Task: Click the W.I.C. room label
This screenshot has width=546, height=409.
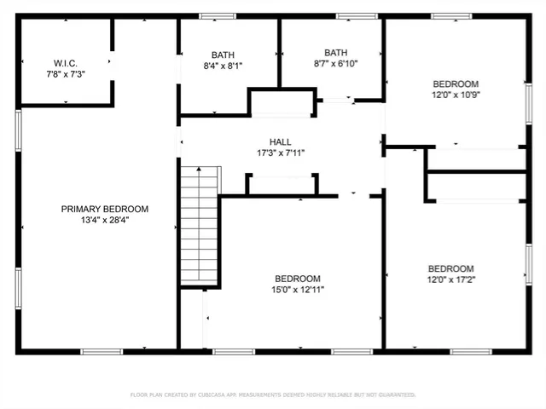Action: click(x=66, y=63)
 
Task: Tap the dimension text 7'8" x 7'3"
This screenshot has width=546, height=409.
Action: click(x=66, y=74)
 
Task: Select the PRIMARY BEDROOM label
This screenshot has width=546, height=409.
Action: click(x=105, y=209)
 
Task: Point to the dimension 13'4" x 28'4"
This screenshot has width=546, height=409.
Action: click(x=105, y=220)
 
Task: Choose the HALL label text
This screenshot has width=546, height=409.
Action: click(x=281, y=142)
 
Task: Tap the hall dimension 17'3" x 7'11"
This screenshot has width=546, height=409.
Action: click(x=281, y=153)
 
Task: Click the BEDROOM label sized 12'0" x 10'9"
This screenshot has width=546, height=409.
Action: click(x=456, y=84)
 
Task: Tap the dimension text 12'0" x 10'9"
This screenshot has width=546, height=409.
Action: click(x=456, y=95)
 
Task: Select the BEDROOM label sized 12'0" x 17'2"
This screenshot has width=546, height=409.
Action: click(x=450, y=268)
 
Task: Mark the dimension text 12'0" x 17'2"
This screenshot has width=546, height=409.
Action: click(x=450, y=279)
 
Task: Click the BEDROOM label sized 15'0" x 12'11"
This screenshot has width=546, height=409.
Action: click(x=298, y=279)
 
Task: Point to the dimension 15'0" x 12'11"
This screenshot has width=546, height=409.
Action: click(x=298, y=290)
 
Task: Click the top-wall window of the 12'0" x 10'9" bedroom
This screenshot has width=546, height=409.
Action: click(x=451, y=16)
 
